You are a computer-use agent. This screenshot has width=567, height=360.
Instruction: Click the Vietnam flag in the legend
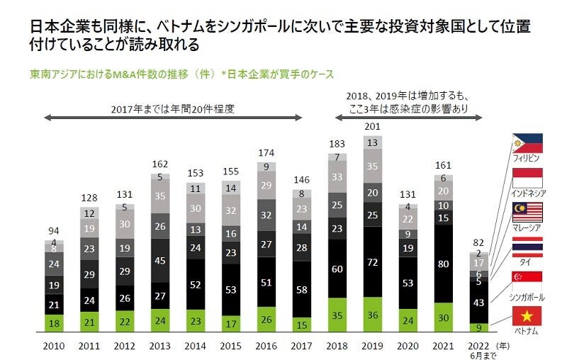click(x=527, y=315)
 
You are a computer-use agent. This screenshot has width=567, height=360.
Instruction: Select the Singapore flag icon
click(x=527, y=281)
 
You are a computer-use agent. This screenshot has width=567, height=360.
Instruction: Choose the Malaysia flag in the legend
click(x=527, y=212)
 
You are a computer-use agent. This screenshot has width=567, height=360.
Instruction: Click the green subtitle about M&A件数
click(x=181, y=74)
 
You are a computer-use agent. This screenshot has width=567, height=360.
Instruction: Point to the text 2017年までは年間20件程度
click(x=173, y=109)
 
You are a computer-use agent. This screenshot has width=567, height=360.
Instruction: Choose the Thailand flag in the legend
click(x=527, y=247)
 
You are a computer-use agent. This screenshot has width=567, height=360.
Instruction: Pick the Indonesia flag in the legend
click(x=527, y=177)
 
